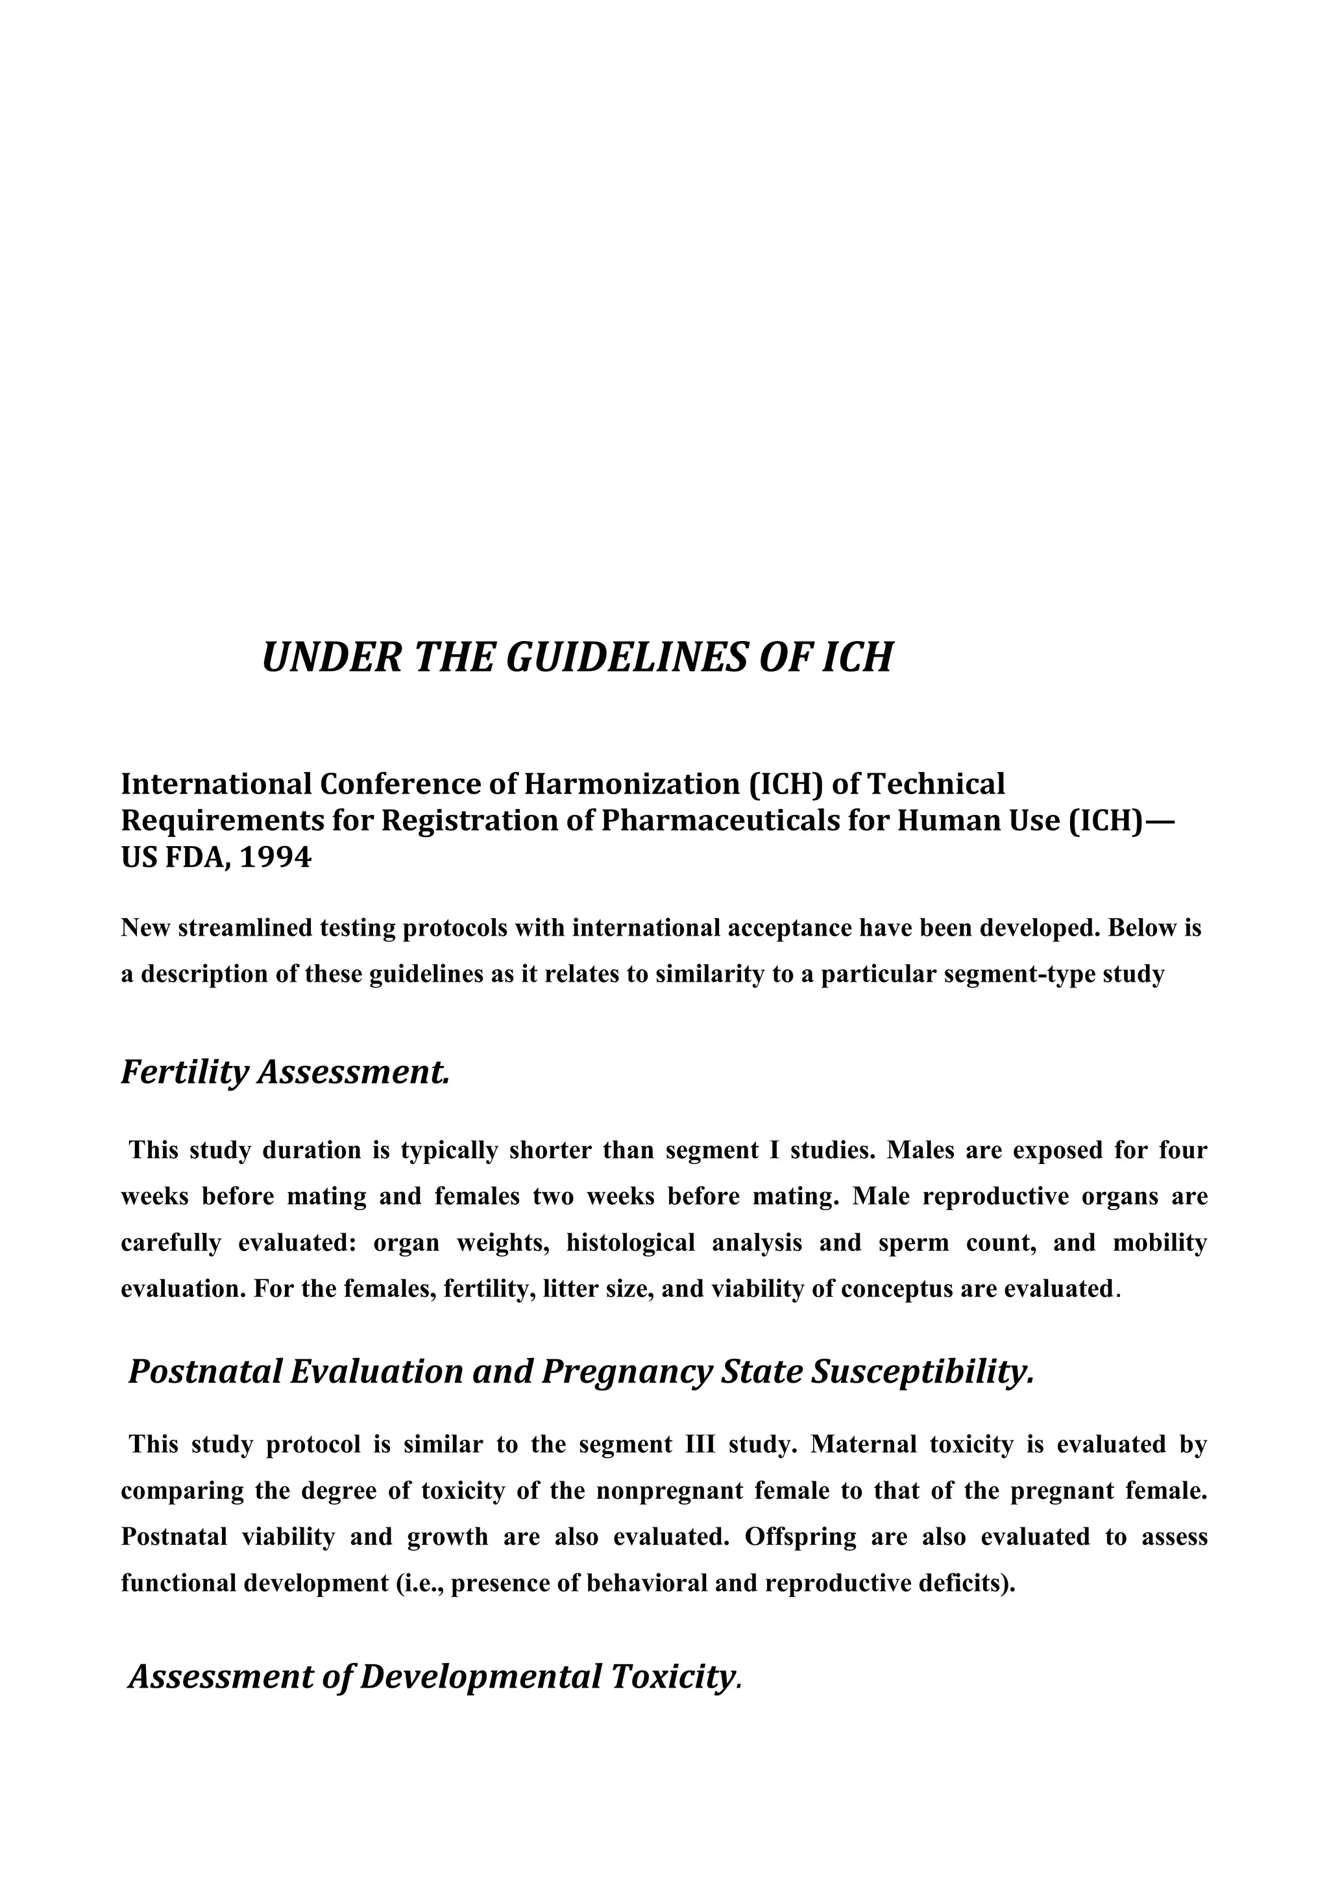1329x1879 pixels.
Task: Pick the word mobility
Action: click(x=1160, y=1243)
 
